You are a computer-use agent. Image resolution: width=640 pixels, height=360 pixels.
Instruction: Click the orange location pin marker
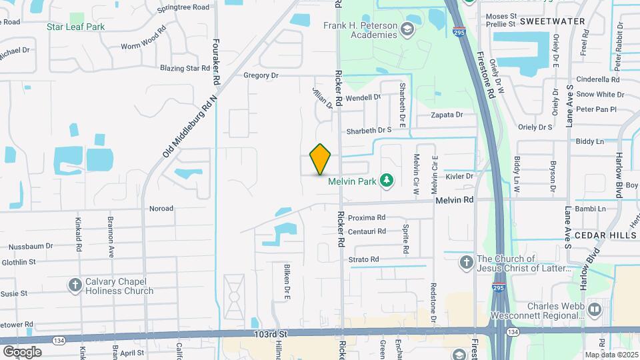click(321, 159)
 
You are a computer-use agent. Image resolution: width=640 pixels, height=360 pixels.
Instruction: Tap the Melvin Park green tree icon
click(385, 179)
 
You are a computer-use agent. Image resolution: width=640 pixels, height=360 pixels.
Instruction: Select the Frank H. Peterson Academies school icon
click(407, 30)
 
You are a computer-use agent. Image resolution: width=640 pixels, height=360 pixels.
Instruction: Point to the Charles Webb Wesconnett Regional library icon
click(595, 309)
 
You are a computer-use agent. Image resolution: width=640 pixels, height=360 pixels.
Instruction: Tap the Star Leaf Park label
click(76, 27)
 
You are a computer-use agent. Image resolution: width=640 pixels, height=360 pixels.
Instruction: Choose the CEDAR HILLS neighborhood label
click(603, 235)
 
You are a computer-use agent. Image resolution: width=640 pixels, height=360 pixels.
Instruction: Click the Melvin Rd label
click(455, 199)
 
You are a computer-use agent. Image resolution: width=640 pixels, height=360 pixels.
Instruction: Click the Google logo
click(22, 351)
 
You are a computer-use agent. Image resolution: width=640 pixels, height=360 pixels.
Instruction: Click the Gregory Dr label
click(261, 75)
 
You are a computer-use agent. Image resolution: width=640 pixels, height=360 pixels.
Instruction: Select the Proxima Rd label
click(367, 217)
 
